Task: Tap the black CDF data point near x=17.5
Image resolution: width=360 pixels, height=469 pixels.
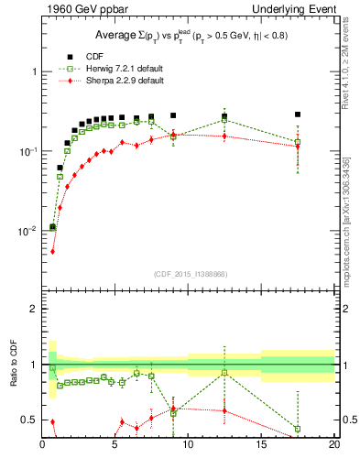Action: [x=298, y=115]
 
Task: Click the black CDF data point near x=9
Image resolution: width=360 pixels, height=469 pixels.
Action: [x=173, y=115]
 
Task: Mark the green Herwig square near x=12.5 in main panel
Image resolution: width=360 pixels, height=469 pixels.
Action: [x=224, y=119]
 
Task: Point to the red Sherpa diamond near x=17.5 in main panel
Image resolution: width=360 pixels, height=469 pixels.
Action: [x=298, y=146]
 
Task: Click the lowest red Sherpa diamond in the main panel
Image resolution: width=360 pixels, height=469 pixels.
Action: [x=52, y=251]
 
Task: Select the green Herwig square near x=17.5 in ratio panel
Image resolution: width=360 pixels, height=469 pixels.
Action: [x=298, y=429]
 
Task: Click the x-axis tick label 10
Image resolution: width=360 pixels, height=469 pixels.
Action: [x=188, y=446]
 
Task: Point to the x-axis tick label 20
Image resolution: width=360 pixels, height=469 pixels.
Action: [x=333, y=446]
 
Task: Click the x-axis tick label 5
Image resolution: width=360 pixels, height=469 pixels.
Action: [x=115, y=446]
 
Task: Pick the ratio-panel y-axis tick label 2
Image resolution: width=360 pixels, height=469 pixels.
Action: [x=33, y=309]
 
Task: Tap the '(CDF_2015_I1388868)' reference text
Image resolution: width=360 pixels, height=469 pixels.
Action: [x=188, y=273]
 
